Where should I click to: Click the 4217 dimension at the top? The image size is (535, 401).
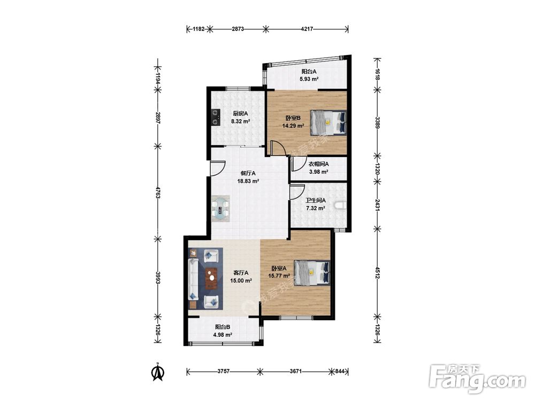tap(307, 29)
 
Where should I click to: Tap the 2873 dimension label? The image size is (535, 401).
tap(238, 29)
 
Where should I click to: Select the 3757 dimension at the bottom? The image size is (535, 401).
tap(224, 372)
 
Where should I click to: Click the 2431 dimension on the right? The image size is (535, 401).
tap(377, 205)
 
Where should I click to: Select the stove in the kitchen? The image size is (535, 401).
tap(215, 117)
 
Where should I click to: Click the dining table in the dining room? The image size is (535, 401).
tap(220, 209)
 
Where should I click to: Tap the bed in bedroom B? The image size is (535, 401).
tap(327, 122)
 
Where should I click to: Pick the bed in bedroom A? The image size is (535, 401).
tap(312, 272)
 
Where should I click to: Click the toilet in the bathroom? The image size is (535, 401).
tap(340, 205)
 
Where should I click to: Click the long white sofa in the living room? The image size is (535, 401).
tap(193, 279)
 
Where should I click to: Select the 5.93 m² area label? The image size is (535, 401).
tap(309, 79)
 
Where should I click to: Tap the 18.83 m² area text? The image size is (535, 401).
tap(248, 181)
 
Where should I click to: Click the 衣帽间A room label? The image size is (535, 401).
tap(319, 164)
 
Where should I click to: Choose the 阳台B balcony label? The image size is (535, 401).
tap(223, 327)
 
